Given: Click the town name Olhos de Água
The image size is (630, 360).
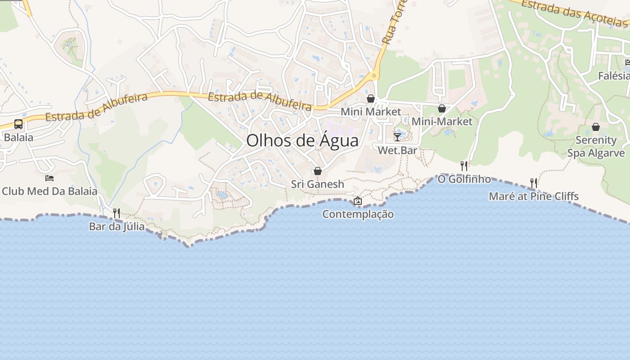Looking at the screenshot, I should [x=302, y=141].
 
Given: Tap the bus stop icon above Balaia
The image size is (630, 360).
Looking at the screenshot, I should [x=18, y=124].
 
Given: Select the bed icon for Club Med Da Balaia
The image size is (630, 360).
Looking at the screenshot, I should [x=49, y=178].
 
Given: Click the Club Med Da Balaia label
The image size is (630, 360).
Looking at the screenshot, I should [x=49, y=191].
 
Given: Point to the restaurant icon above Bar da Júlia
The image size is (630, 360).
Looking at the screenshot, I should [x=117, y=213].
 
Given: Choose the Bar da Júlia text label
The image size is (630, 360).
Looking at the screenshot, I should [x=117, y=226].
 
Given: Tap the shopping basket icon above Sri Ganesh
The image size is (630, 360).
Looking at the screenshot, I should [x=318, y=171].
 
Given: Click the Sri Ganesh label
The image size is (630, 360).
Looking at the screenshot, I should [x=318, y=184].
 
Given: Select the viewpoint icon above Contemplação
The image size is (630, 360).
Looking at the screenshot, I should [x=358, y=201].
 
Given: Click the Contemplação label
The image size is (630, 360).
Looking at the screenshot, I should [x=358, y=214].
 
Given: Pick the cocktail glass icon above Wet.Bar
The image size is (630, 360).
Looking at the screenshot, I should [x=397, y=137].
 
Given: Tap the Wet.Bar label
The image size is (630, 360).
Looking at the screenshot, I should [x=397, y=150].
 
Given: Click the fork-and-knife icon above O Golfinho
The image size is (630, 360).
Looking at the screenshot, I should [x=464, y=166].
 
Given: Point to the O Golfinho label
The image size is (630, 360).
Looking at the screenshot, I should [x=464, y=179].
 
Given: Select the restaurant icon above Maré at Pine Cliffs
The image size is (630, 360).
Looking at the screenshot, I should [x=534, y=183].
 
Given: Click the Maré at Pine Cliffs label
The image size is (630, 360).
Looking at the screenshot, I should [x=534, y=196].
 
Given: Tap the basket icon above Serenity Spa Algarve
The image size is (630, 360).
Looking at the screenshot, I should [x=596, y=127].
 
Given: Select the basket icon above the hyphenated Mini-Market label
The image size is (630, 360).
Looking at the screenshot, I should [x=442, y=108].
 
